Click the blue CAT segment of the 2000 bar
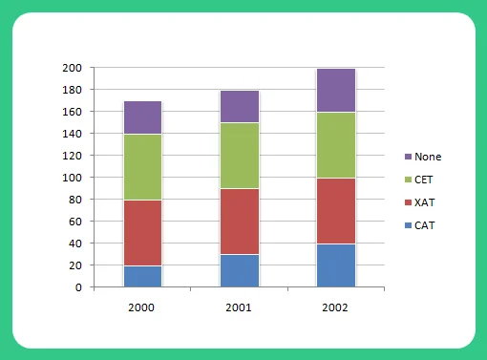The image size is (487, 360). (142, 276)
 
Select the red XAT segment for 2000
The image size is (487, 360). (142, 233)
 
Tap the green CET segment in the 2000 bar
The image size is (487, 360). (142, 167)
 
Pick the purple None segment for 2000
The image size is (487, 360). (142, 117)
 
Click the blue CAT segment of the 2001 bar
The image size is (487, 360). (239, 270)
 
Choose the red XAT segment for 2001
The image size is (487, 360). (239, 222)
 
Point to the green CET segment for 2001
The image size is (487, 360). (239, 156)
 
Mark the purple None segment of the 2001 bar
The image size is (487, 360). (239, 107)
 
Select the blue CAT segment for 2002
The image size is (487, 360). (335, 265)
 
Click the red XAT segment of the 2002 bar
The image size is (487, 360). (335, 211)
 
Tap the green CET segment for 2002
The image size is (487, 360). (335, 145)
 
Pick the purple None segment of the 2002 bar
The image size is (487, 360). (335, 91)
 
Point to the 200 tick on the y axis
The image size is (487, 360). (73, 69)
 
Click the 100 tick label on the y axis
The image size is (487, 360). (73, 178)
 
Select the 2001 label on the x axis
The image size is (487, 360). (239, 308)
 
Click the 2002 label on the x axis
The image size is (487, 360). (335, 308)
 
